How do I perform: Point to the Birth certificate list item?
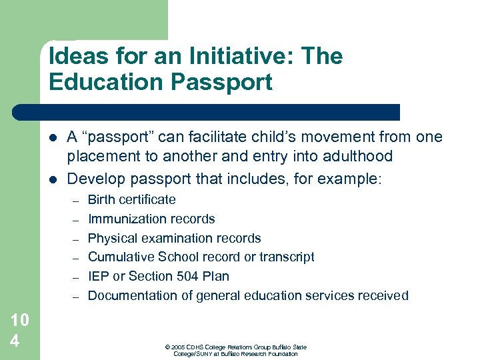[132, 199]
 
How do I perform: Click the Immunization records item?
[151, 219]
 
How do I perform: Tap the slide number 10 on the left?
[19, 320]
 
